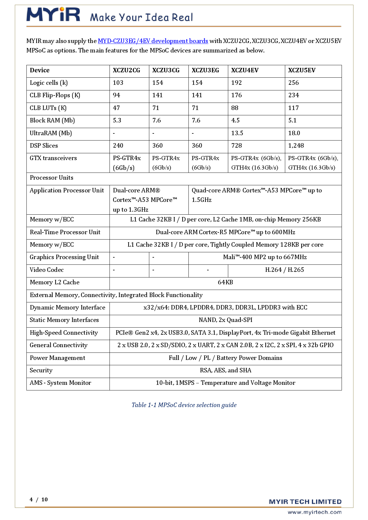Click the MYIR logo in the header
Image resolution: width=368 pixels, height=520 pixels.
(x=53, y=15)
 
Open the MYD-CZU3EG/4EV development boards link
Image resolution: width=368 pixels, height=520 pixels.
(x=153, y=41)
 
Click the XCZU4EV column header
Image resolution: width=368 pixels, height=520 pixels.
(x=245, y=70)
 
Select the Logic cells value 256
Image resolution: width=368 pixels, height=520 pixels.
(x=294, y=83)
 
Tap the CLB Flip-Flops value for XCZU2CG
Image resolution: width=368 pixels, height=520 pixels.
(x=116, y=95)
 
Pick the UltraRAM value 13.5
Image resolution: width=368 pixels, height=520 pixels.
(x=237, y=133)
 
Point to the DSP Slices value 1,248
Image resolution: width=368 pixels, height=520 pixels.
(x=296, y=146)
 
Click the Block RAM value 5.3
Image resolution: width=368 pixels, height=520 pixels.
(x=117, y=120)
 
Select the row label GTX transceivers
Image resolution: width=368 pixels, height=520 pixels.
(x=53, y=158)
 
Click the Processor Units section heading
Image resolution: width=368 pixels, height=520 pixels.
(x=52, y=178)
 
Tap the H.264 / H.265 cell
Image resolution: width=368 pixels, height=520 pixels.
(x=284, y=270)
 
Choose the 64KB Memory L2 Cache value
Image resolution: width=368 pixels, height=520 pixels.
(x=225, y=282)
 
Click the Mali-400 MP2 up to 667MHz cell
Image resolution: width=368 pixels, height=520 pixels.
(x=265, y=257)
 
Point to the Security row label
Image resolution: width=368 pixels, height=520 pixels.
(x=41, y=370)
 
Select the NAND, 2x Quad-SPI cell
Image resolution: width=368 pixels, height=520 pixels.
(x=225, y=320)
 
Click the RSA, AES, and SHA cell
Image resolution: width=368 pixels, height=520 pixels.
(x=225, y=370)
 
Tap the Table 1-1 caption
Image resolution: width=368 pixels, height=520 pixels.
(x=184, y=405)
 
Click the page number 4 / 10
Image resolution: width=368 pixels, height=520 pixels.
(x=39, y=500)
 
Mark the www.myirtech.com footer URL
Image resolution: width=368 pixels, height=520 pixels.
(x=314, y=512)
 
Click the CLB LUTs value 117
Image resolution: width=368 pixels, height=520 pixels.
(x=293, y=108)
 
